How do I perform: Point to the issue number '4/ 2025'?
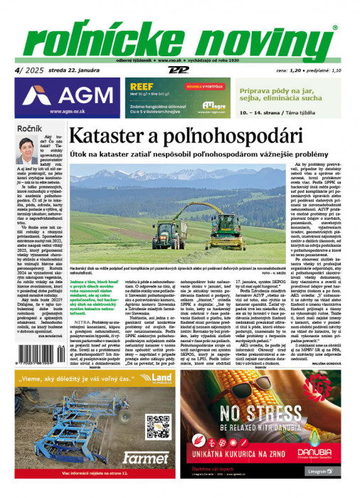click(x=23, y=70)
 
